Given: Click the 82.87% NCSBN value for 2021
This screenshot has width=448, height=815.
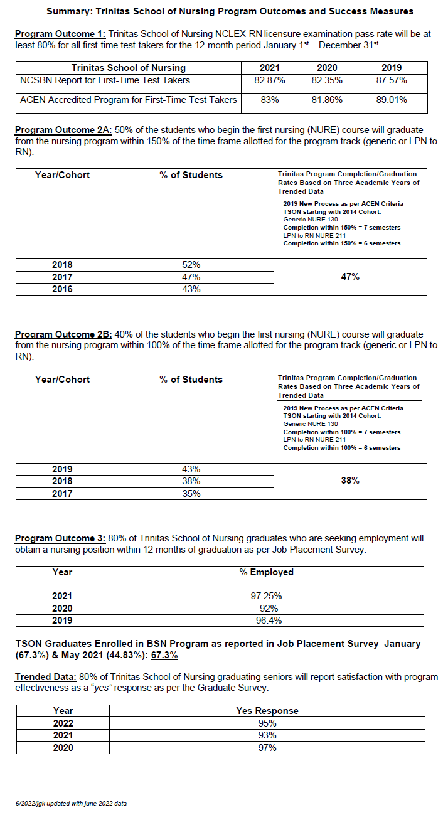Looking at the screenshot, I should [x=270, y=80].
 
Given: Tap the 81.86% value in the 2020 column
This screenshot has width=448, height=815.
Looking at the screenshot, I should [x=327, y=99].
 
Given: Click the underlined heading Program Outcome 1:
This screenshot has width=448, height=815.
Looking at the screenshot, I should [x=60, y=34].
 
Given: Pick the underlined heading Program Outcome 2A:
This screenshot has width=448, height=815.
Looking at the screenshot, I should [x=63, y=130].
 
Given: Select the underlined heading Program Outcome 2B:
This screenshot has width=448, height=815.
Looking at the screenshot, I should [x=63, y=334].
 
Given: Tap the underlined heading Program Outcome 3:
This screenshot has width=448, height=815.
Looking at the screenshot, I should [x=60, y=538].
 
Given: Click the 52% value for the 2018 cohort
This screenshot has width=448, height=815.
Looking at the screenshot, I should [x=191, y=265].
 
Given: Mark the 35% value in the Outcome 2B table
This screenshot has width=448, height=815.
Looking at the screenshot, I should [x=191, y=494].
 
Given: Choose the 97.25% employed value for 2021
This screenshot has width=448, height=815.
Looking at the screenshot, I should [x=266, y=596].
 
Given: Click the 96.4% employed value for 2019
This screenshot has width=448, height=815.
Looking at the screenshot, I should [x=266, y=621].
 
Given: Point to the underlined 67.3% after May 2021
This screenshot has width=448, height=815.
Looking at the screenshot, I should [x=164, y=656].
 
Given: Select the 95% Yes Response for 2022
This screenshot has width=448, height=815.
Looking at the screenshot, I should [x=267, y=723].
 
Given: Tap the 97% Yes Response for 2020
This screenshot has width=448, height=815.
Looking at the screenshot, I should [x=267, y=747].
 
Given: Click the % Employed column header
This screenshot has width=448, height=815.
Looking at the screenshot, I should [x=266, y=572].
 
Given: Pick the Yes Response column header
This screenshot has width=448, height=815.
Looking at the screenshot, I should [x=267, y=711].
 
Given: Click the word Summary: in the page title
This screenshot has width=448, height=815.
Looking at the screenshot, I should [x=70, y=11].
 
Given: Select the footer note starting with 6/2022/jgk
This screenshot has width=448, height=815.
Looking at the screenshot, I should [x=71, y=803].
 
